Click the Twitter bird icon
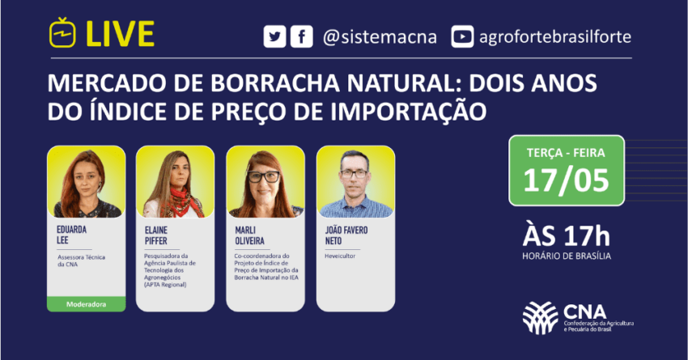275,37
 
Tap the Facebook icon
301,37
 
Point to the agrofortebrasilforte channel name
554,37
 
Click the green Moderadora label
87,304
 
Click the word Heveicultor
341,253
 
